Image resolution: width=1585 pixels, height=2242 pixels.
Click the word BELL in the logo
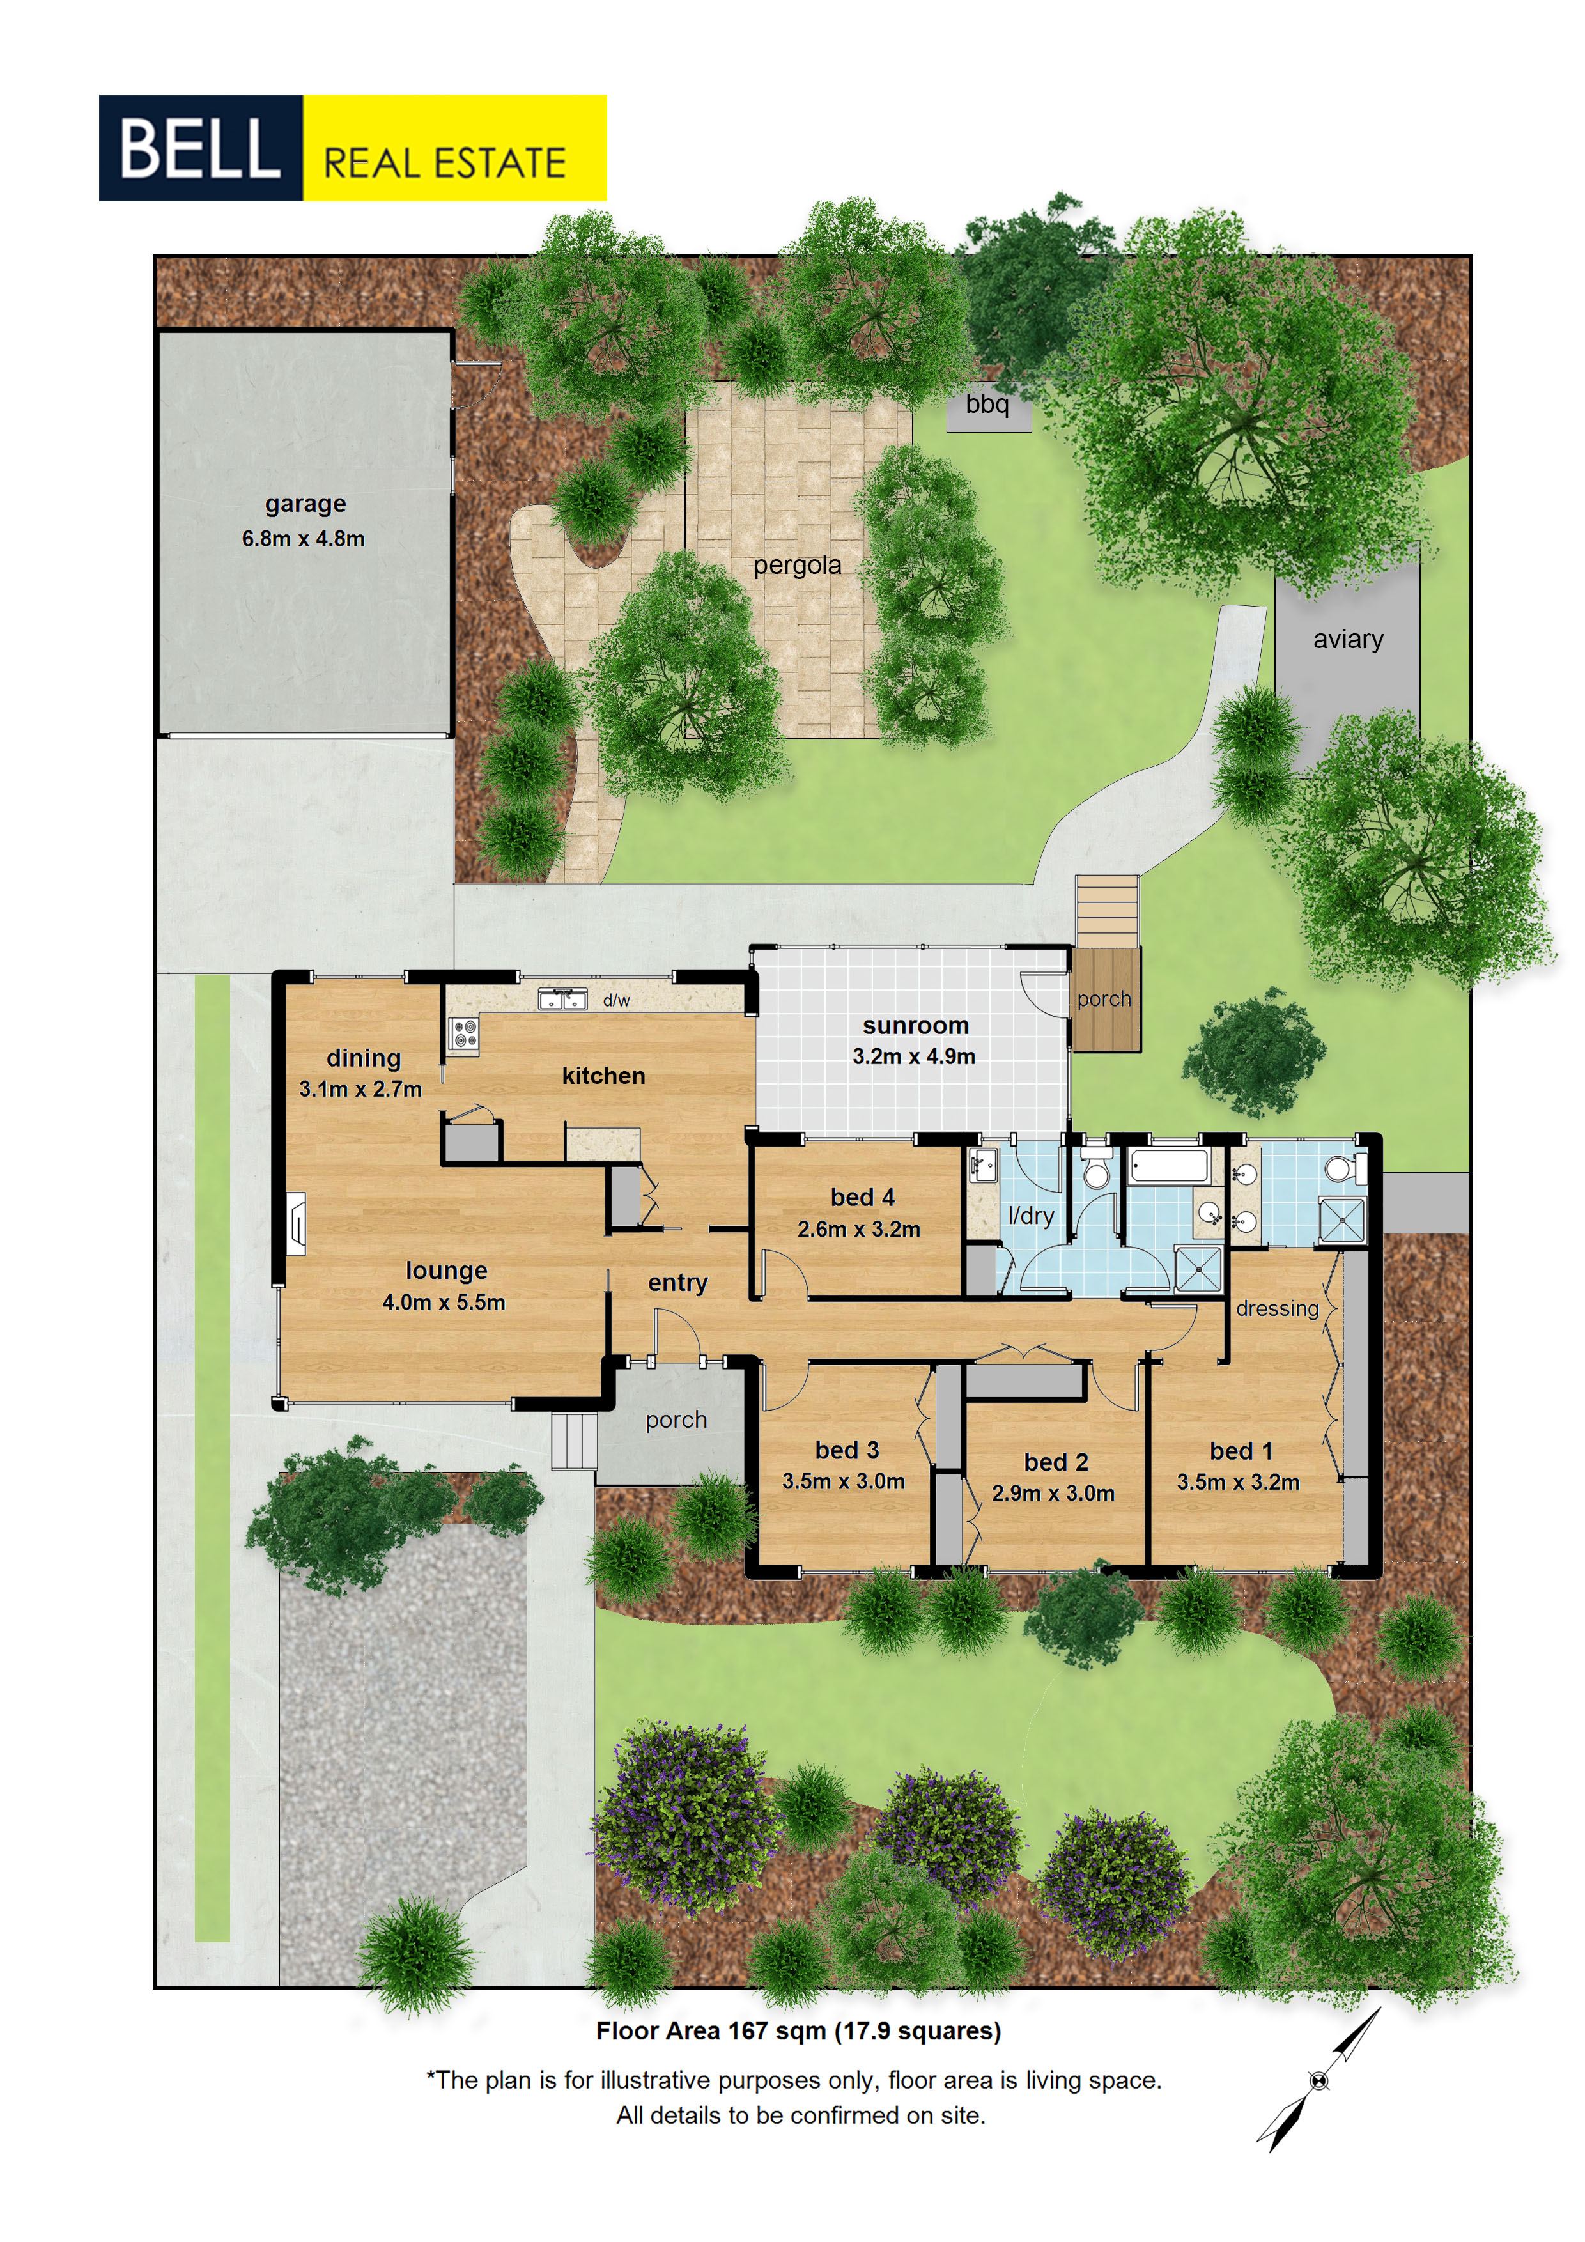[199, 148]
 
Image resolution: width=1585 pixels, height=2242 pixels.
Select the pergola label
[797, 566]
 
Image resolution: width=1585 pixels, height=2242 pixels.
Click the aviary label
[1348, 640]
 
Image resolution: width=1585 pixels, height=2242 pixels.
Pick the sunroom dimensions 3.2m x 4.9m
[913, 1056]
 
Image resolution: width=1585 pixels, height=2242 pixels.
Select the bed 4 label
[862, 1197]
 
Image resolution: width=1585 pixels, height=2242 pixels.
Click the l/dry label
[1030, 1216]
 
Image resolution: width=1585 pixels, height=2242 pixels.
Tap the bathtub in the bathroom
[1168, 1166]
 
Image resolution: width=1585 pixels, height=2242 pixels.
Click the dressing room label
[1278, 1308]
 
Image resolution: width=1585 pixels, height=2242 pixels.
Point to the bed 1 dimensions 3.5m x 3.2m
[1237, 1482]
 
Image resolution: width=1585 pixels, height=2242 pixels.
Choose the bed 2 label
[1056, 1462]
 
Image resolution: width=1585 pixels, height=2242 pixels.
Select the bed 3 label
[847, 1450]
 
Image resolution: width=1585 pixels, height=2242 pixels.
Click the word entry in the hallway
[677, 1284]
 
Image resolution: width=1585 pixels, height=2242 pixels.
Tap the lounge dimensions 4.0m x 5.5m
[444, 1302]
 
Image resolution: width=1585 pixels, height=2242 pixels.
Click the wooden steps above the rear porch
[1106, 911]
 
